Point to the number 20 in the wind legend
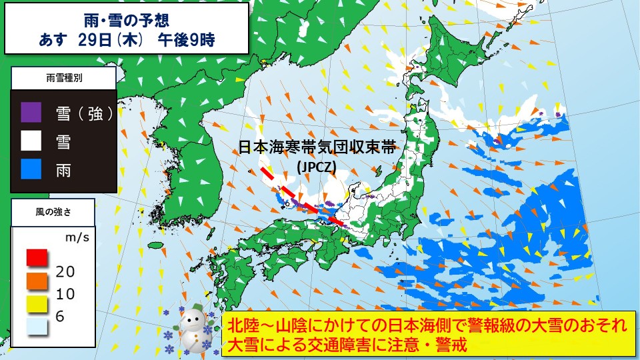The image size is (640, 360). [x=65, y=271]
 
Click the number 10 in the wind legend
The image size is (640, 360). [x=65, y=294]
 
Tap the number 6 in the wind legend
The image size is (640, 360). [x=60, y=317]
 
